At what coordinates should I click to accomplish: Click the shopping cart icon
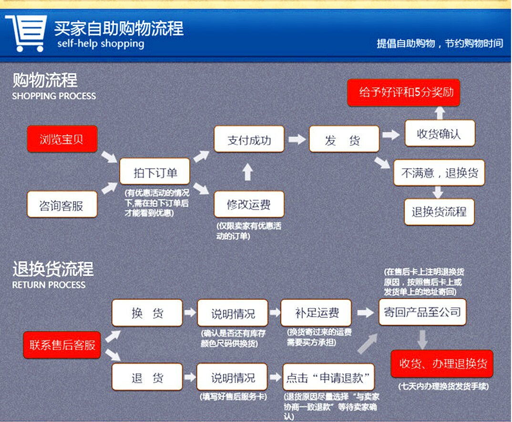coord(26,32)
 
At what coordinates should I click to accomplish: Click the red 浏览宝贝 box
coord(62,139)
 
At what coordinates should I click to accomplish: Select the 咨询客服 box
coord(62,204)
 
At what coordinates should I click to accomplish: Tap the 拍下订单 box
coord(155,172)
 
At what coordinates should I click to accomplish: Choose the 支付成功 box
coord(249,139)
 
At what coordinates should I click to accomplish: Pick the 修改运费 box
coord(249,204)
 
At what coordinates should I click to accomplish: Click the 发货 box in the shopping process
coord(344,139)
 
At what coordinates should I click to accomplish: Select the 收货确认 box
coord(440,133)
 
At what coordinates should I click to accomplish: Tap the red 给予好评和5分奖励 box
coord(403,92)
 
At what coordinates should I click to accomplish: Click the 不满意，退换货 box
coord(439,172)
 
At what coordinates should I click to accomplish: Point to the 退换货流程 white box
coord(439,211)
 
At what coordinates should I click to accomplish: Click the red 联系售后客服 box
coord(62,345)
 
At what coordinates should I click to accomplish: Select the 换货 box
coord(147,313)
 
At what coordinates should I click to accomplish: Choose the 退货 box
coord(147,377)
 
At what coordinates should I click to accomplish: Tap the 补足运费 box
coord(316,313)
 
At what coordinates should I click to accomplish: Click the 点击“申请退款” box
coord(328,377)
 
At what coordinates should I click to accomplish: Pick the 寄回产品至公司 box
coord(422,312)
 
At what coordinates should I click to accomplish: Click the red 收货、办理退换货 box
coord(442,364)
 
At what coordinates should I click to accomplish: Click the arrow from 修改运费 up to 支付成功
coord(247,172)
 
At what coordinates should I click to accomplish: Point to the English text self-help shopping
coord(101,44)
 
